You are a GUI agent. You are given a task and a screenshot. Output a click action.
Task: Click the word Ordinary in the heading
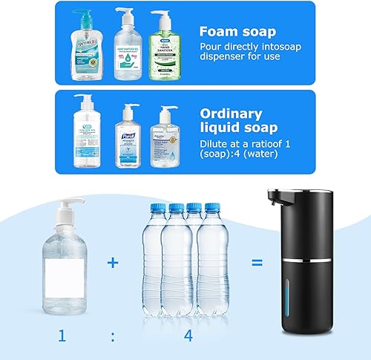pyautogui.click(x=230, y=114)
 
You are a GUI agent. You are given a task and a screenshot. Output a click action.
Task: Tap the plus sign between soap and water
pyautogui.click(x=112, y=262)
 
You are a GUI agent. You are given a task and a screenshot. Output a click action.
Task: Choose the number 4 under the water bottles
pyautogui.click(x=188, y=336)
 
